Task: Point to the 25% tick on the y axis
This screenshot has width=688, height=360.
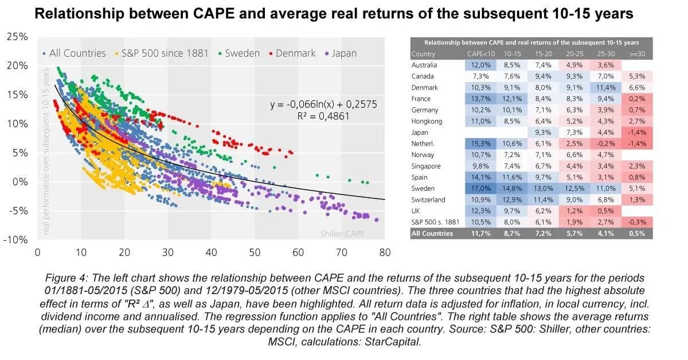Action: pos(17,37)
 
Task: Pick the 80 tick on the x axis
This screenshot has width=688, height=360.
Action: pos(385,252)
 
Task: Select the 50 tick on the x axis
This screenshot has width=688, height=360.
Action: pos(255,252)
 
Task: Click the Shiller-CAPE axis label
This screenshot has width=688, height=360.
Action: pos(342,234)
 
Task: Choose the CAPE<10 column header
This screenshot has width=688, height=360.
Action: pos(479,54)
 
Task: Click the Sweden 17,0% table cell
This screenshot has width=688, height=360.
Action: pos(479,189)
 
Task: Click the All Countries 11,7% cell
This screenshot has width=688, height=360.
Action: pos(479,233)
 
